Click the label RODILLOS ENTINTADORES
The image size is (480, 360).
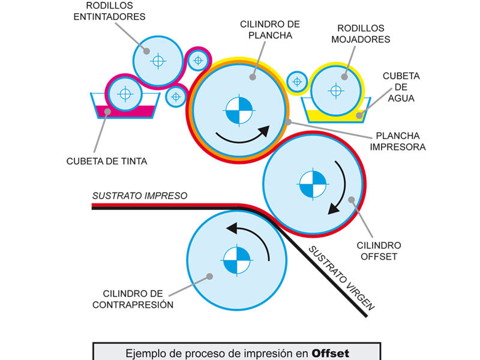tap(109, 11)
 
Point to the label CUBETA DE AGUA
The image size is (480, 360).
tap(401, 87)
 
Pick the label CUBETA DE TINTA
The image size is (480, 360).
tap(107, 161)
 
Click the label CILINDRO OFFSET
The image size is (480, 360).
tap(379, 251)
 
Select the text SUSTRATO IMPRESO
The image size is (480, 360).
tap(140, 196)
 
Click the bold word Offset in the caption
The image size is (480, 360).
tap(330, 353)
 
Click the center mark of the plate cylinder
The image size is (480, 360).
tap(239, 110)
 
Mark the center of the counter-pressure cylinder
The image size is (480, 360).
tap(236, 260)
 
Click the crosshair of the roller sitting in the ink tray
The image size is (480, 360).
tap(125, 94)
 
